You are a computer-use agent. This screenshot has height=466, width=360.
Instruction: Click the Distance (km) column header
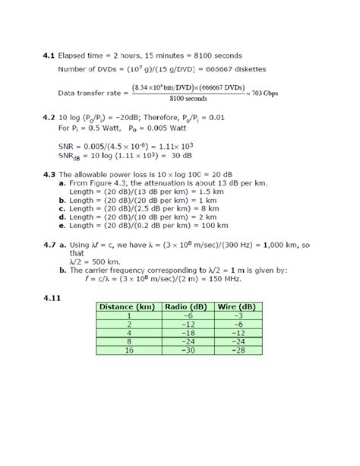tap(129, 306)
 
